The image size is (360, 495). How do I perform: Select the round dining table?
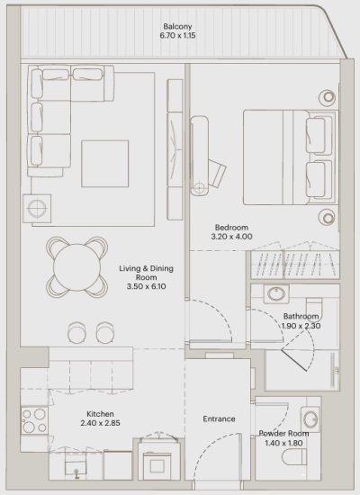(x=76, y=266)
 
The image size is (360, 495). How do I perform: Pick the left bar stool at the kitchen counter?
(x=76, y=333)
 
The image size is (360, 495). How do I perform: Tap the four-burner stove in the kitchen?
(x=35, y=421)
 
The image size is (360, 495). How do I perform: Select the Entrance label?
(x=219, y=418)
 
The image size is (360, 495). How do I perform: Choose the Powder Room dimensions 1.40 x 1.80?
(x=283, y=444)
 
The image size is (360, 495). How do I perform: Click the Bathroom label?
(x=300, y=317)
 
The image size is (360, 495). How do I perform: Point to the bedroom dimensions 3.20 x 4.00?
(x=232, y=237)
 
